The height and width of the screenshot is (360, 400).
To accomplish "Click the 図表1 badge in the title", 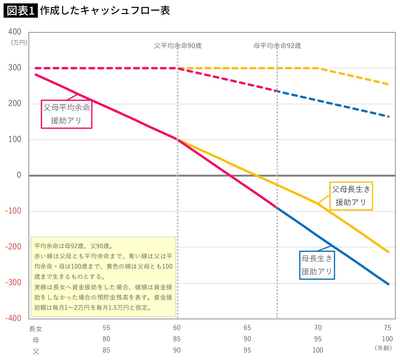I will [21, 11].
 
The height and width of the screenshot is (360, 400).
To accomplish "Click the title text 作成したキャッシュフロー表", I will [105, 10].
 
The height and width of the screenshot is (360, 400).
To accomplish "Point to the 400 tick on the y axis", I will [15, 32].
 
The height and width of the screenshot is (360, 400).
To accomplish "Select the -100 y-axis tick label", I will [13, 211].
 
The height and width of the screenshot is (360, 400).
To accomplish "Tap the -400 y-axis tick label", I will [13, 318].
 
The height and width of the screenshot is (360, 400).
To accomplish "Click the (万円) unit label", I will [19, 43].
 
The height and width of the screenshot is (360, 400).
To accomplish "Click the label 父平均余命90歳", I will [178, 46].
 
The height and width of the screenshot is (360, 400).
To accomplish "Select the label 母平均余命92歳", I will [277, 46].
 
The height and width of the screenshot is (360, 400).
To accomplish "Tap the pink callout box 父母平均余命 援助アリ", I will [67, 114].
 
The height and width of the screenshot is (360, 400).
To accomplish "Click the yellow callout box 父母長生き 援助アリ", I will [351, 196].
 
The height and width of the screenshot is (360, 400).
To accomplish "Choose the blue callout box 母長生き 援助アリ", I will [317, 265].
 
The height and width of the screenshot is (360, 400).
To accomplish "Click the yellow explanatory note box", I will [103, 277].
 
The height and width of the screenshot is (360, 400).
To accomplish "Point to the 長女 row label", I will [36, 329].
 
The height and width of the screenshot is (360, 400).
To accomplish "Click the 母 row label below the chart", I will [36, 340].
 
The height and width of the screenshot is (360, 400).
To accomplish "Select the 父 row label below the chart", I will [36, 351].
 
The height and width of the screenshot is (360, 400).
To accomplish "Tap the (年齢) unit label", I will [383, 348].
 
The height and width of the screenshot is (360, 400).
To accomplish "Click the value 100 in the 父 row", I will [318, 350].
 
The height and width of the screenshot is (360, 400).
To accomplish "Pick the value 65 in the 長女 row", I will [247, 328].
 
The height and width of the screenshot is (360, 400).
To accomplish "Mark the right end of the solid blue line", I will [388, 284].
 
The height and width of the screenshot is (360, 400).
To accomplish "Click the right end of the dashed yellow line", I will [388, 84].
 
